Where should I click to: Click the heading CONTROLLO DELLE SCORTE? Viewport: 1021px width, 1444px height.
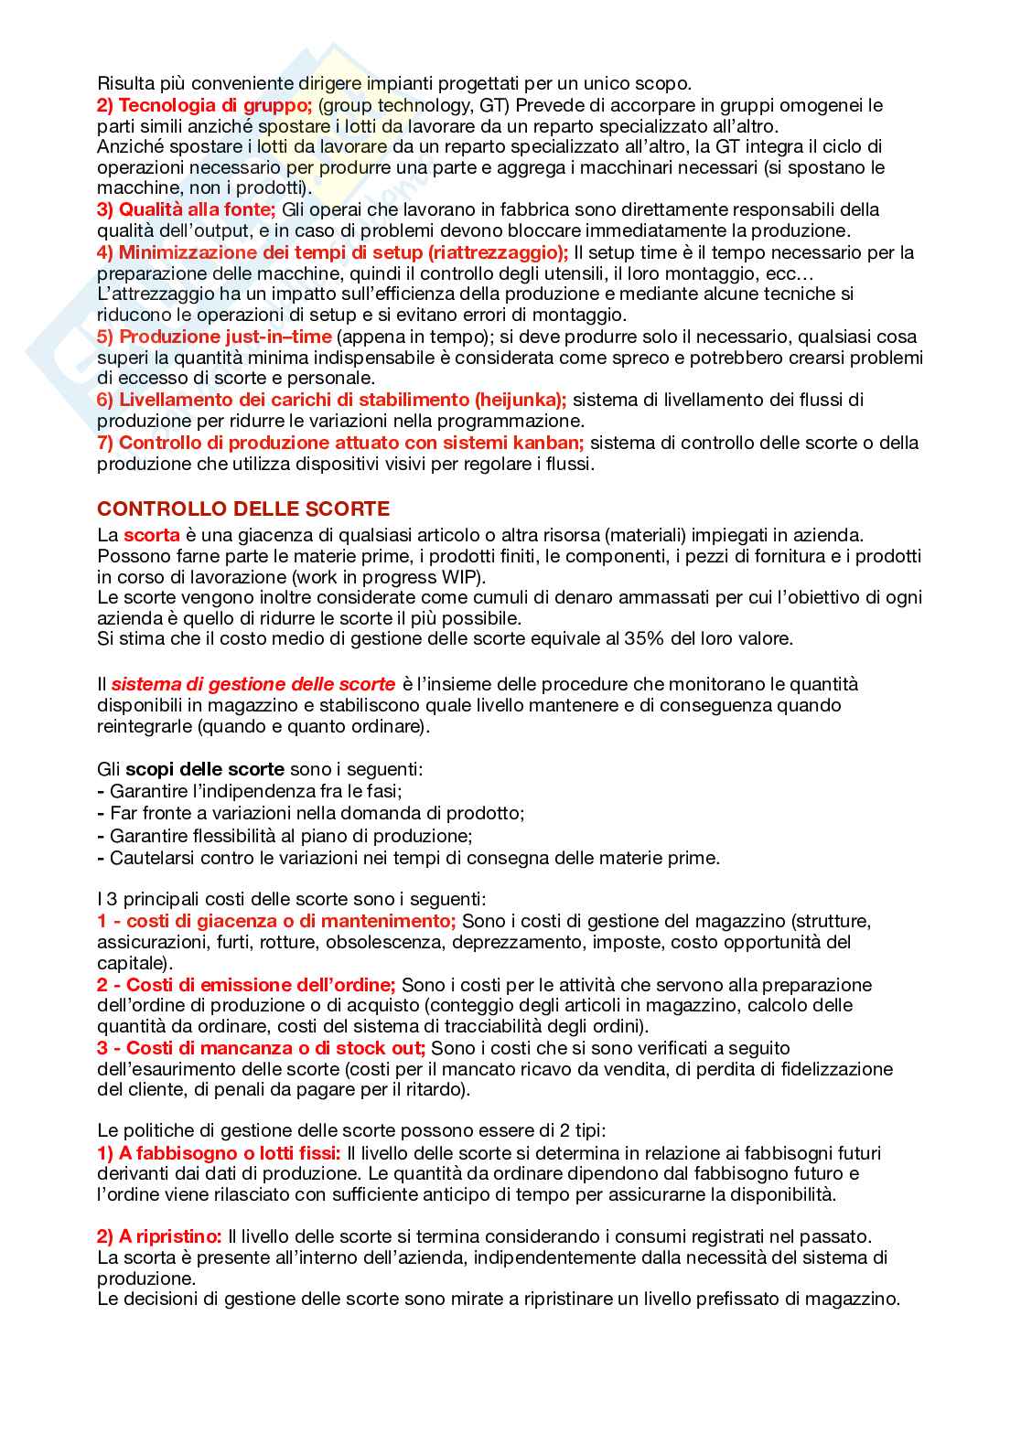click(x=243, y=509)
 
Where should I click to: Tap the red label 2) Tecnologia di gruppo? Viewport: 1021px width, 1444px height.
click(x=204, y=105)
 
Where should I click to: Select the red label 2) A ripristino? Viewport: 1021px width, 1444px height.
click(x=159, y=1236)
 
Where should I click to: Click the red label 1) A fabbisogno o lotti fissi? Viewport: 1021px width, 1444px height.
click(x=219, y=1153)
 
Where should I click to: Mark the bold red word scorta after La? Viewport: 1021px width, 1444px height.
click(x=151, y=535)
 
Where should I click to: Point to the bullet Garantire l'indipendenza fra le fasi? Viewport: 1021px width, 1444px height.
click(x=255, y=791)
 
